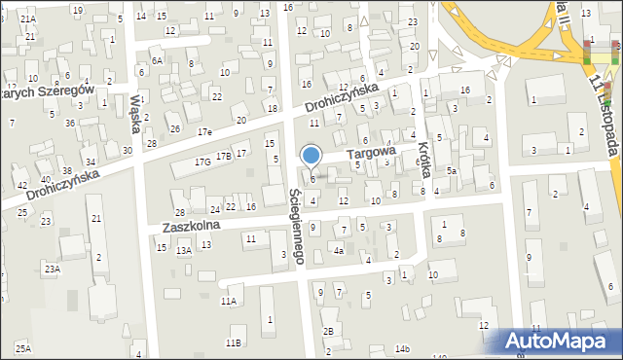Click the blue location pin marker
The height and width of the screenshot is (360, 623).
[x=311, y=157]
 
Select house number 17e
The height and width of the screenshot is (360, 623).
[x=203, y=130]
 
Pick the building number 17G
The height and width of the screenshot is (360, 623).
[x=202, y=162]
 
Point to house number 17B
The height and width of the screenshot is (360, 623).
[x=224, y=156]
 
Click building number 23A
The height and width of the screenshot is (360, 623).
[x=51, y=268]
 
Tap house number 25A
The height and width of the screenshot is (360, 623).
[x=22, y=347]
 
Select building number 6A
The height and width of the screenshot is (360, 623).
[x=156, y=59]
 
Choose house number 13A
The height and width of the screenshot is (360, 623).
[x=183, y=250]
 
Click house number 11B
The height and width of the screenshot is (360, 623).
[x=233, y=342]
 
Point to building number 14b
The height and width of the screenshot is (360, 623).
[x=402, y=348]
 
